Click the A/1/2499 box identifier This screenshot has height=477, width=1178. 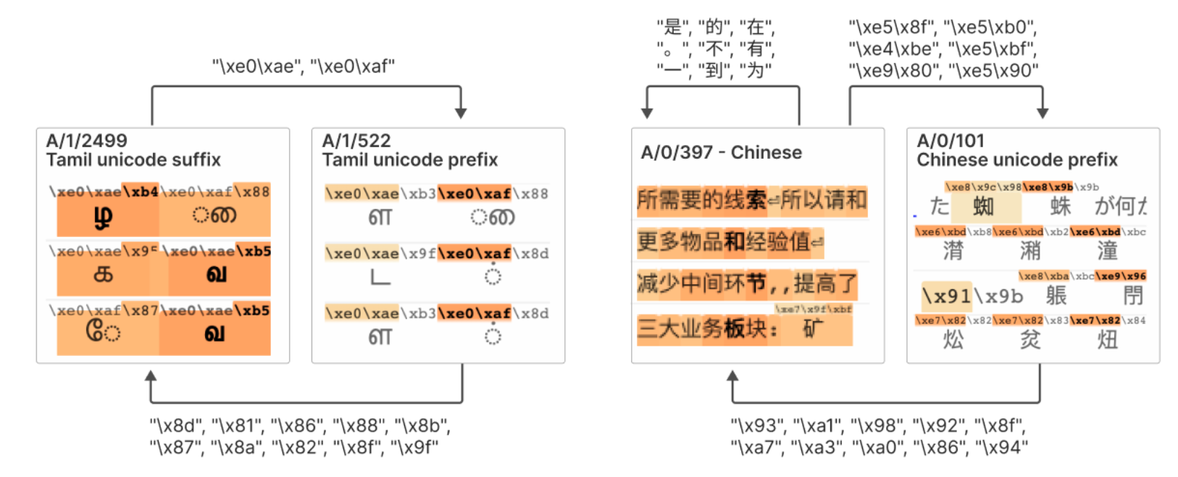(86, 141)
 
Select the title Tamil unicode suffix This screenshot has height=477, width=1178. (133, 159)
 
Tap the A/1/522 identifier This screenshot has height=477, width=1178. (356, 141)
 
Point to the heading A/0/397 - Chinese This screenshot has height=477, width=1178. (721, 152)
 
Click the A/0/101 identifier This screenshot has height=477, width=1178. (951, 141)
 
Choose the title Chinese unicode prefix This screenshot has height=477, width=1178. (1016, 159)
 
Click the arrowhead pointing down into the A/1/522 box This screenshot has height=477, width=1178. (461, 113)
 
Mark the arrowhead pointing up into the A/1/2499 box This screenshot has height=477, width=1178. (151, 376)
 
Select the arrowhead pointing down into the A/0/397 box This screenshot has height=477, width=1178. (647, 113)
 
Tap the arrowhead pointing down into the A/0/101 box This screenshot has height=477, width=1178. (1043, 113)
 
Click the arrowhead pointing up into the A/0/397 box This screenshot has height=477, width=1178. (732, 376)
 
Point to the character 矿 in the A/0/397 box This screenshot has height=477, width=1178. (814, 328)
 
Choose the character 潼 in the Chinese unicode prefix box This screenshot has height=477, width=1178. (1107, 251)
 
